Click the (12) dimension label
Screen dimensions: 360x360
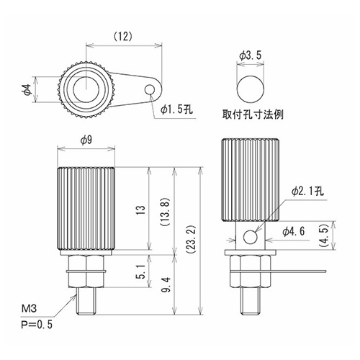click(x=123, y=37)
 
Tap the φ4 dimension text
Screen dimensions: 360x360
click(x=27, y=89)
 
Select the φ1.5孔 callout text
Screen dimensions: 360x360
click(x=177, y=109)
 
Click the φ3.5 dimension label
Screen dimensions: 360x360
click(x=250, y=55)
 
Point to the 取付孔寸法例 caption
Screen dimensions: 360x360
click(x=253, y=114)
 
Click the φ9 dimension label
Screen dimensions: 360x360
click(x=86, y=140)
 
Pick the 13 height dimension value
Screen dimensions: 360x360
click(x=142, y=211)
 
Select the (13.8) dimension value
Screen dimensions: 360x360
click(x=165, y=212)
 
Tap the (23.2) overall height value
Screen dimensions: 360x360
click(x=192, y=240)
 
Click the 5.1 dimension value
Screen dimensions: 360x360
click(x=142, y=271)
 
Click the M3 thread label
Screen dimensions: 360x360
click(x=29, y=308)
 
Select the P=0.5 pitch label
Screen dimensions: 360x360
click(x=37, y=325)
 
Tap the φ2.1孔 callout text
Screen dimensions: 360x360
click(x=308, y=192)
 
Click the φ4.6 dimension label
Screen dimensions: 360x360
click(x=293, y=231)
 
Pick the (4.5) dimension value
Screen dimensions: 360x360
click(x=323, y=235)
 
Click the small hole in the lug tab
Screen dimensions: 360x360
click(x=150, y=89)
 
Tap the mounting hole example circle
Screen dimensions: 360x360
click(x=251, y=89)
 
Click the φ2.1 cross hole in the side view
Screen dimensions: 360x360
click(x=251, y=237)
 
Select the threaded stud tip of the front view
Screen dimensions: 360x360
click(x=86, y=301)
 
